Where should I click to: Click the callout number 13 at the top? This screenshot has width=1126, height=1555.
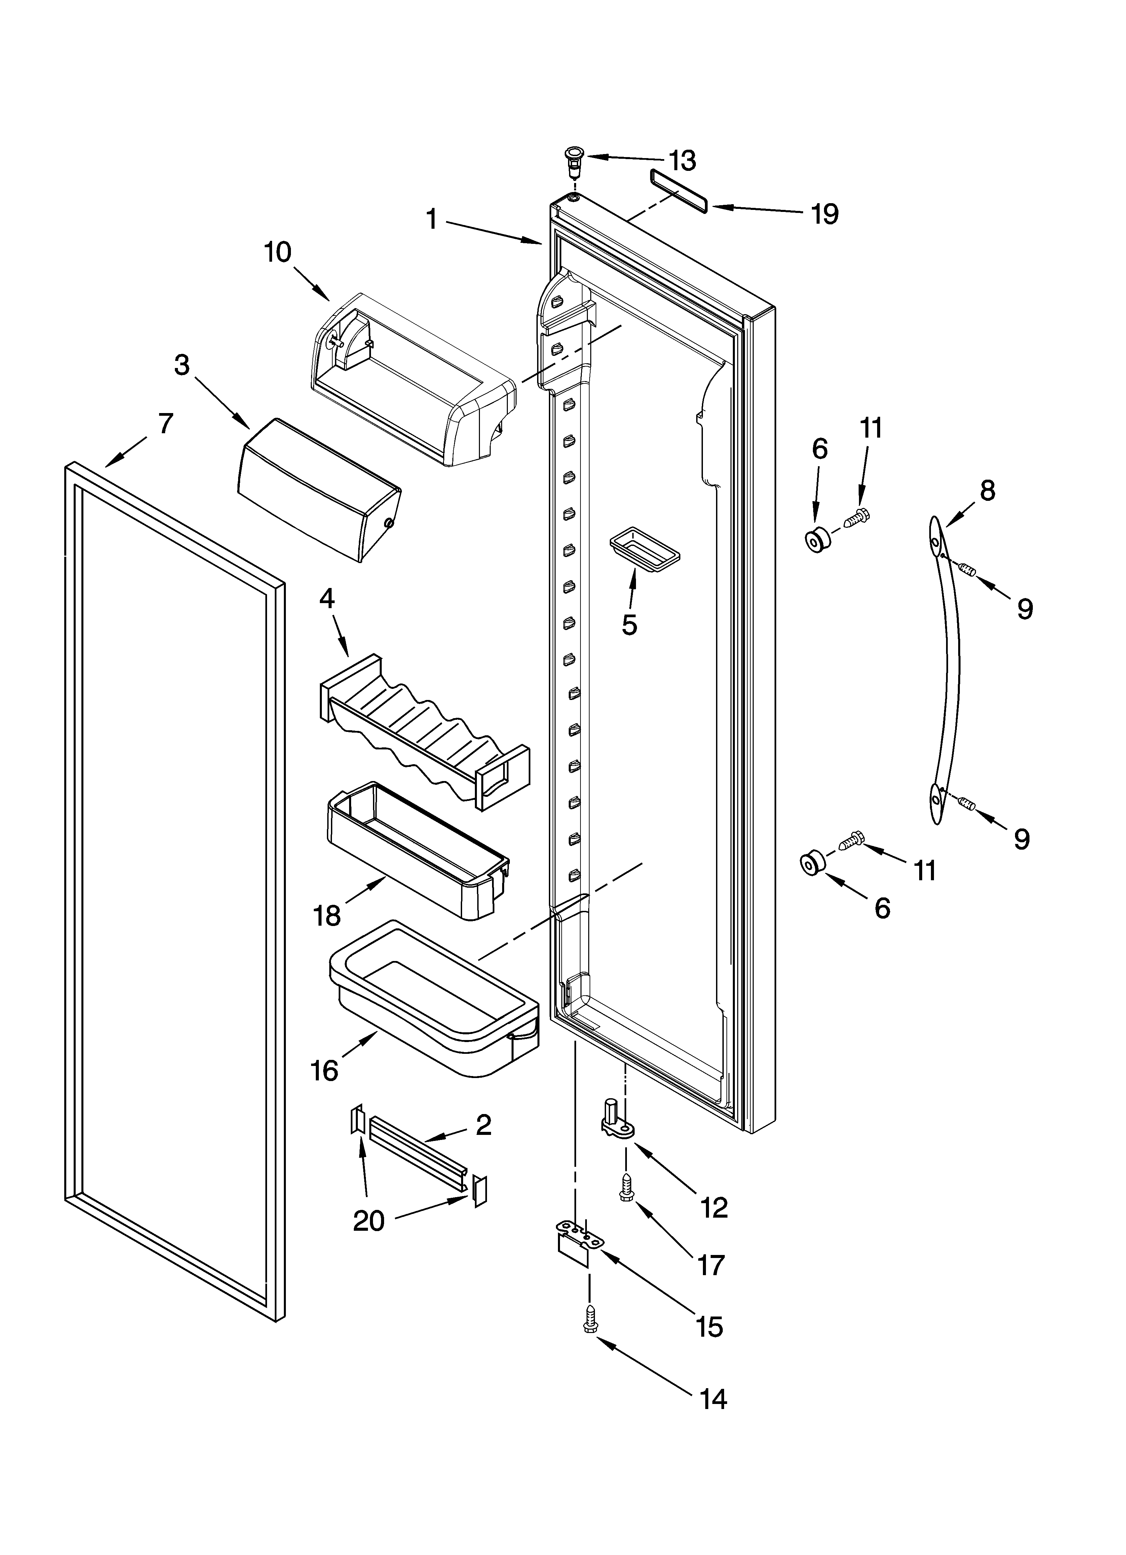[x=682, y=161]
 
